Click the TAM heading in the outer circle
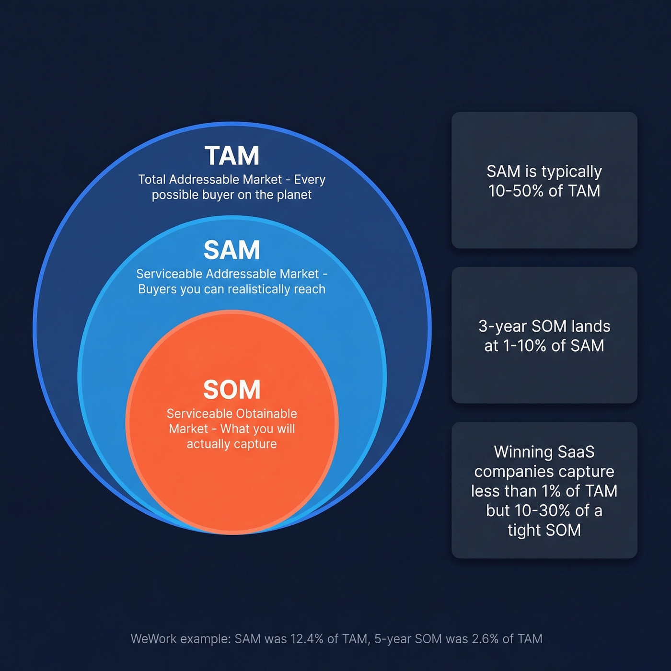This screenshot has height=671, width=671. point(232,156)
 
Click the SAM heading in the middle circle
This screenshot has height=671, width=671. point(232,250)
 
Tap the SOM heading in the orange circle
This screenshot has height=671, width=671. point(232,390)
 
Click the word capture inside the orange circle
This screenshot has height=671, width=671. point(255,444)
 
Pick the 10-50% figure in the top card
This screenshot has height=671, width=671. point(516,191)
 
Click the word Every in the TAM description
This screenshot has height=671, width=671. point(310,180)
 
